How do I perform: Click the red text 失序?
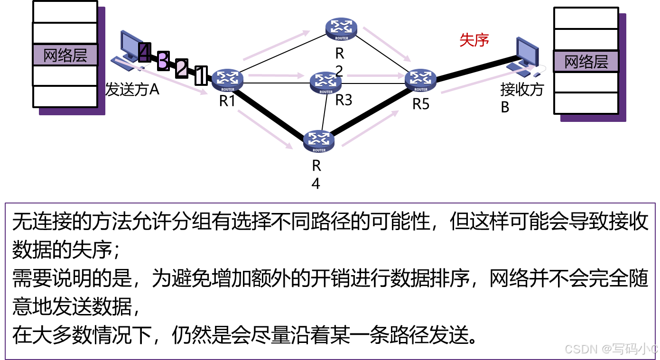[x=474, y=40]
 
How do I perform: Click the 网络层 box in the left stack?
[x=65, y=55]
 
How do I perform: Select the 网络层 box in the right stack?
[x=586, y=62]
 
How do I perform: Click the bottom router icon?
[x=319, y=140]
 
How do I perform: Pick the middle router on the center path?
[x=325, y=82]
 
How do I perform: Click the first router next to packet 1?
[x=227, y=80]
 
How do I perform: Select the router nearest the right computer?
[x=420, y=80]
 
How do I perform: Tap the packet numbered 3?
[x=163, y=61]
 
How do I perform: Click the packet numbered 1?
[x=201, y=75]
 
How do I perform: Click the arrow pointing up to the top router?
[x=276, y=46]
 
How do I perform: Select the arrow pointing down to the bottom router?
[x=265, y=129]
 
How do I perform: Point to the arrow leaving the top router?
[x=387, y=44]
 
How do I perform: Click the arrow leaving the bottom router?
[x=370, y=129]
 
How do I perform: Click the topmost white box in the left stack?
[x=65, y=12]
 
